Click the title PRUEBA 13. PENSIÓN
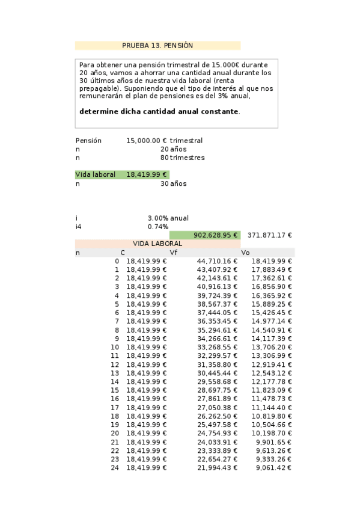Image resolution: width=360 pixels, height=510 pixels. click(x=157, y=45)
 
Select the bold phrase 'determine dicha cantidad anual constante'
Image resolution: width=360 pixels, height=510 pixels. click(x=159, y=111)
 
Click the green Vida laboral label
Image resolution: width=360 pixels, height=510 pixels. click(x=95, y=174)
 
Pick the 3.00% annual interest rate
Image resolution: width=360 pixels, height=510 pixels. click(x=157, y=218)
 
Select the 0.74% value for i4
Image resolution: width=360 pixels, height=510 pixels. click(x=157, y=227)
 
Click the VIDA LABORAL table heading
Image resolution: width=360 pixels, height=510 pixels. click(x=157, y=244)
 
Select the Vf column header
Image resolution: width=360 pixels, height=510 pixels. click(x=174, y=253)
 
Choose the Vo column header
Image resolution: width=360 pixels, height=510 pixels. click(x=245, y=253)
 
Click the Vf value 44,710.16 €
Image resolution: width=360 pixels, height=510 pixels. click(x=217, y=261)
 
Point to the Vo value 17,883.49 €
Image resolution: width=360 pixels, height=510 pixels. click(x=272, y=269)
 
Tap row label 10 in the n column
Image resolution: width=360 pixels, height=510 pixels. click(x=115, y=347)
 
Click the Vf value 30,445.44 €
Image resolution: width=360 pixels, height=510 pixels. click(x=217, y=373)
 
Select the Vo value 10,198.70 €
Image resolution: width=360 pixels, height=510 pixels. click(x=272, y=433)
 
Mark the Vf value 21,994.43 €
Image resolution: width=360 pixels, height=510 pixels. click(x=217, y=468)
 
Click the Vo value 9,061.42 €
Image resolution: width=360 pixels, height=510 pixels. click(x=273, y=468)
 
